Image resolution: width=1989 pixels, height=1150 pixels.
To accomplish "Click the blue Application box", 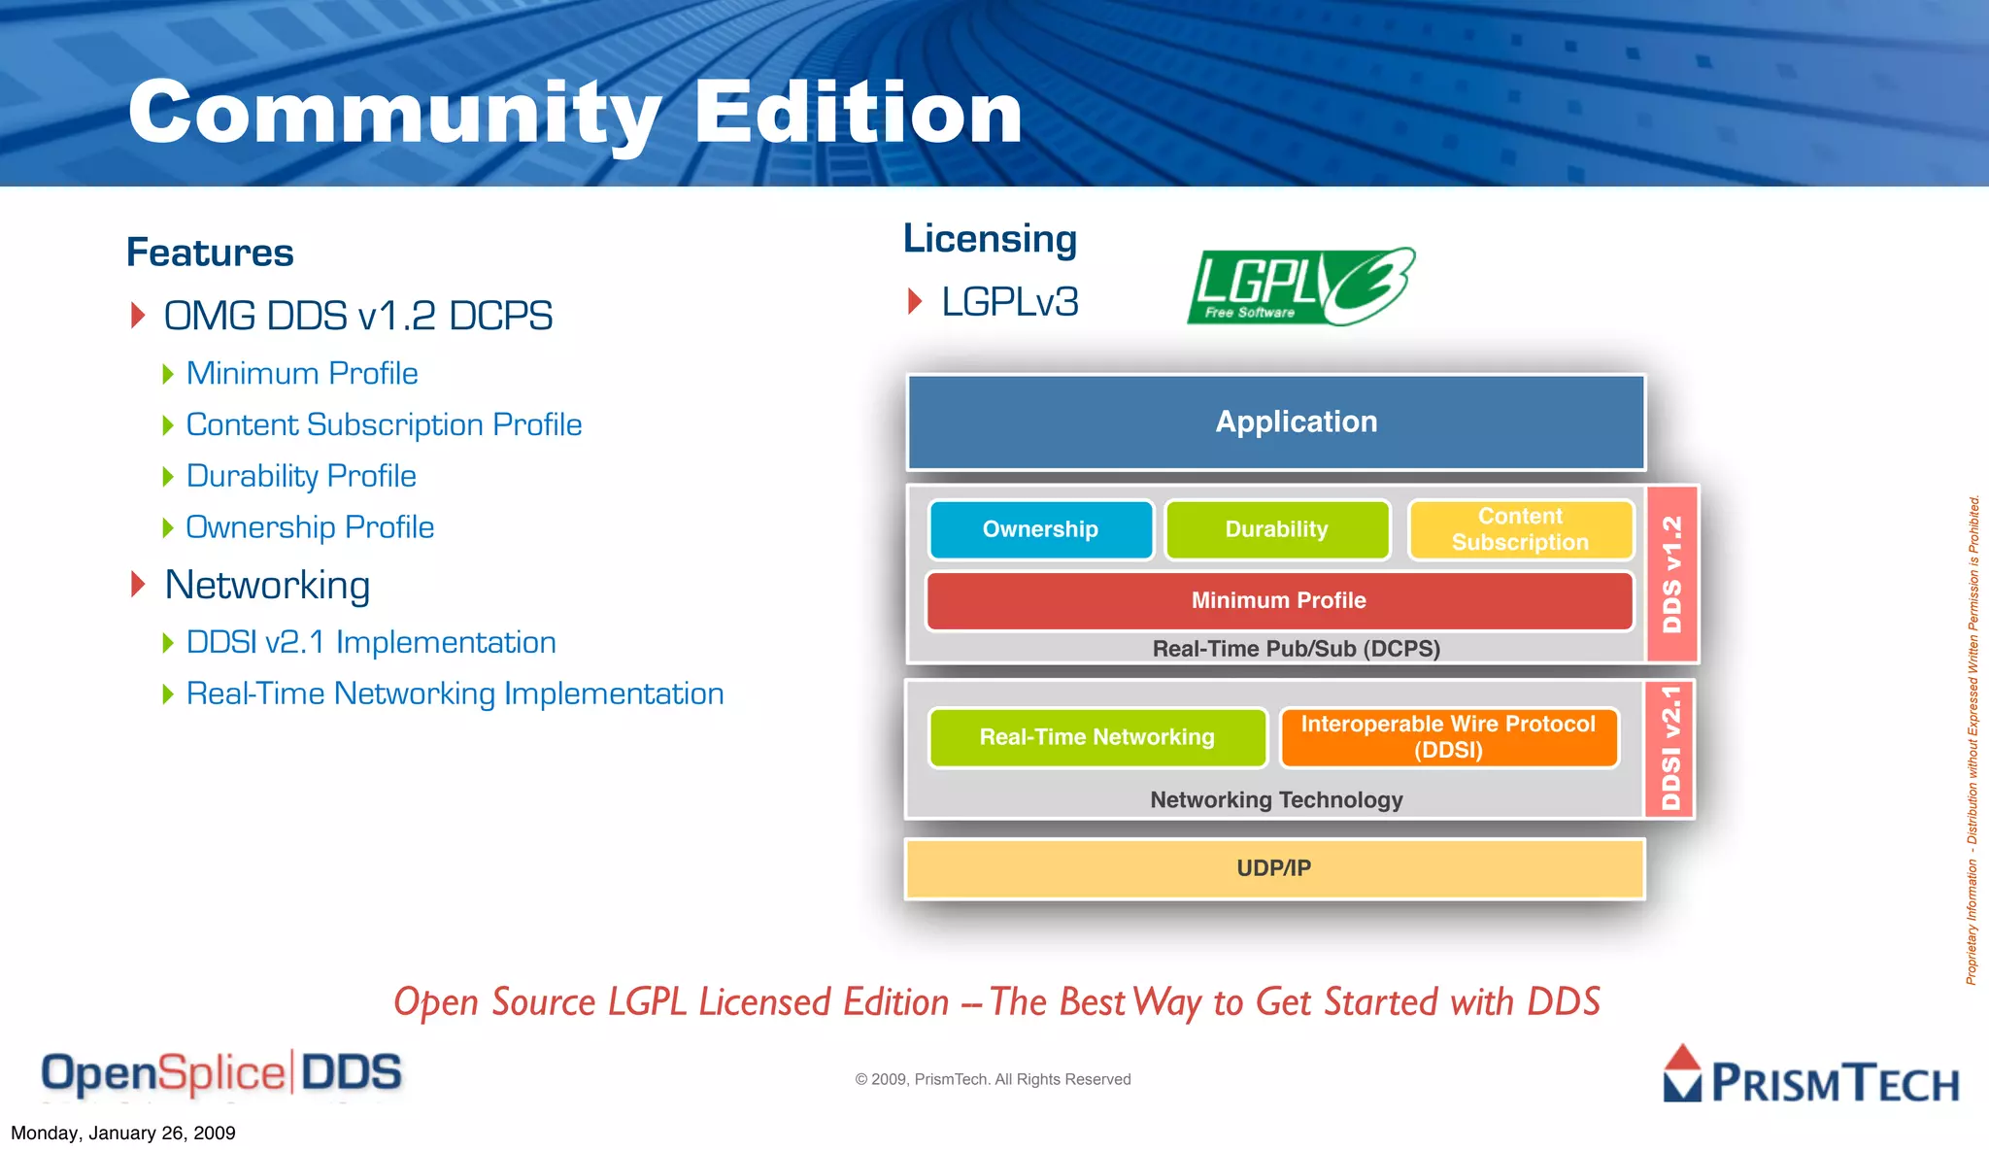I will tap(1275, 422).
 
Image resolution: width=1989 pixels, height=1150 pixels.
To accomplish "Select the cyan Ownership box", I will tap(1040, 529).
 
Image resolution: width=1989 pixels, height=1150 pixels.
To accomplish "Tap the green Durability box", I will tap(1276, 529).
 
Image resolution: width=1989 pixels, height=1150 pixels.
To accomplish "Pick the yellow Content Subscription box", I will tap(1520, 529).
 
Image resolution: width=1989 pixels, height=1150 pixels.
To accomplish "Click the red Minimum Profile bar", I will tap(1278, 600).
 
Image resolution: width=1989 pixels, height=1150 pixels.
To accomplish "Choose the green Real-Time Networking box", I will tap(1097, 737).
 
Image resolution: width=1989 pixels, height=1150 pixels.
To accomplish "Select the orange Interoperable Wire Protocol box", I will tap(1448, 737).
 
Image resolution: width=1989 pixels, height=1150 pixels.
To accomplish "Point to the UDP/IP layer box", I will tap(1274, 868).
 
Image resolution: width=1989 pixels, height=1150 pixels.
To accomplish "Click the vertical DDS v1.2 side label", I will tap(1672, 574).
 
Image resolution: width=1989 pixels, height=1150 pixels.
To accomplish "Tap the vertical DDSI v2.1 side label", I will tap(1670, 748).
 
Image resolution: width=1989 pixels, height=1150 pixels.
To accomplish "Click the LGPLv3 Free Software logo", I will tap(1300, 287).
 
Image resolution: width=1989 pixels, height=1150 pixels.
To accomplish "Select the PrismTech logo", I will tap(1811, 1076).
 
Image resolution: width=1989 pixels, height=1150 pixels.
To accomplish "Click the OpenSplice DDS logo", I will tap(221, 1074).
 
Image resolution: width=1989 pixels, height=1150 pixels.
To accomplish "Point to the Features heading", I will tap(210, 253).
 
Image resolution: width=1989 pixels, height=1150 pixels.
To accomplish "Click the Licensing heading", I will tap(990, 239).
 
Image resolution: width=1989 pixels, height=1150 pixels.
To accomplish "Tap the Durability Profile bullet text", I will tap(301, 476).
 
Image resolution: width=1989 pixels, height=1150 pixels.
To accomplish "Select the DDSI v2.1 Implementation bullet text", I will tap(371, 642).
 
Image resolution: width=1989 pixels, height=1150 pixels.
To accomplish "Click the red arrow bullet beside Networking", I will tap(138, 585).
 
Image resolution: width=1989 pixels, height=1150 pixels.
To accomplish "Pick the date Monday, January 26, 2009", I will tap(123, 1133).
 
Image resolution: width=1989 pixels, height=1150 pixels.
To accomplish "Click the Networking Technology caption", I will tap(1276, 799).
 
